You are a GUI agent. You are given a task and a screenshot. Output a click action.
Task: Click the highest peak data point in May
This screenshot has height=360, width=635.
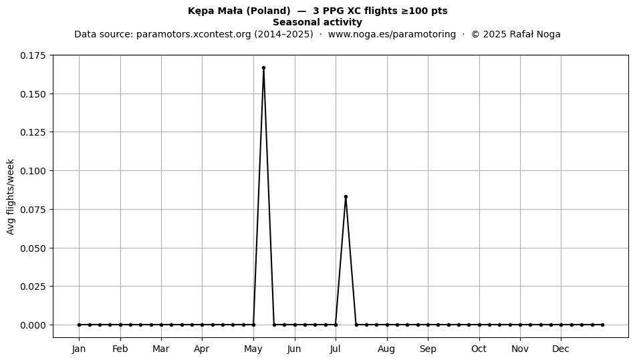coord(263,68)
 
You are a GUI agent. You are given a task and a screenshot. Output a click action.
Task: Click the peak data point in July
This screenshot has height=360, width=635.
coord(346,197)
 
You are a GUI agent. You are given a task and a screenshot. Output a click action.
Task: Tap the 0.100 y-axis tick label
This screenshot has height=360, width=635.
coord(34,171)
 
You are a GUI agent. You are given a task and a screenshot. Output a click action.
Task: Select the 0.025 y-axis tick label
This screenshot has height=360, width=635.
coord(34,287)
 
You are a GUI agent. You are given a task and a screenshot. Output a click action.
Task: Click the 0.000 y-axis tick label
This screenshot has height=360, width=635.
coord(34,325)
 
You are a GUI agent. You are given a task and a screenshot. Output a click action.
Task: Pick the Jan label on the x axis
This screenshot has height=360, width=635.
coord(79,349)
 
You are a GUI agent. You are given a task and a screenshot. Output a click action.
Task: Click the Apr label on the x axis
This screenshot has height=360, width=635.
coord(202,349)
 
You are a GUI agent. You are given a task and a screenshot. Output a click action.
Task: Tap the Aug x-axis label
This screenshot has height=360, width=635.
coord(386,349)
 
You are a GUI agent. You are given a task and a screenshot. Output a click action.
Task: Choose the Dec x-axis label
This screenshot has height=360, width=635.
coord(561,349)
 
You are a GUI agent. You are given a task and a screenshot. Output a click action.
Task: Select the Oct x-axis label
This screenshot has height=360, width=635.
coord(479,349)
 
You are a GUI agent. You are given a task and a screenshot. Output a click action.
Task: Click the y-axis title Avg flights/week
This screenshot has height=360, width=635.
coord(11,196)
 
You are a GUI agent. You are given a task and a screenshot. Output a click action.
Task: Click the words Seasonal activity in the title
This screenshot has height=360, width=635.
coord(317,22)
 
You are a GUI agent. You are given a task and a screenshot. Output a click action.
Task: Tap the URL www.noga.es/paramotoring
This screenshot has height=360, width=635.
coord(392,34)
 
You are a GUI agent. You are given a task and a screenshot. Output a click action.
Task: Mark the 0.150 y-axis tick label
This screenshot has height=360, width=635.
coord(34,94)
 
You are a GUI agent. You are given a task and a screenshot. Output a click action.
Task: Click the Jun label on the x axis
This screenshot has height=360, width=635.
coord(294,349)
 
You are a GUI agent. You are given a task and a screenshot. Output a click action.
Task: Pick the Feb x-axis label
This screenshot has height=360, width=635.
coord(120,349)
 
